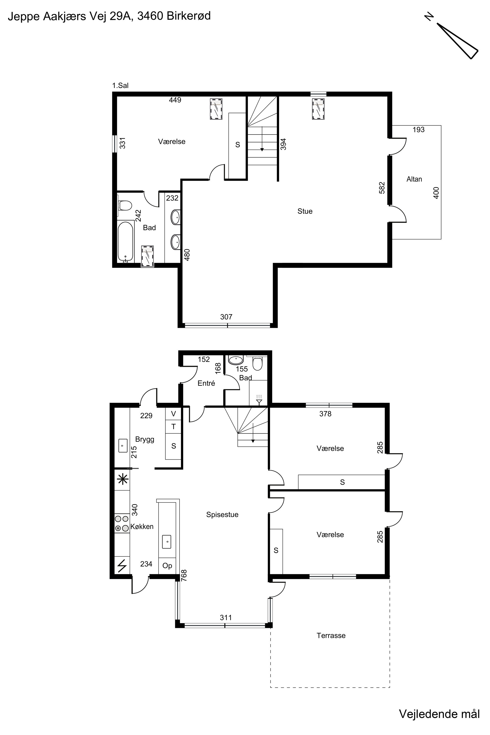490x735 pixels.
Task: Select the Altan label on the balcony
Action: pos(414,179)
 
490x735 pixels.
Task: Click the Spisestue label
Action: pos(222,514)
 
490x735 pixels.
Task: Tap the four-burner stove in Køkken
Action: pos(122,523)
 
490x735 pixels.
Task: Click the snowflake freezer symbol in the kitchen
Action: pos(122,479)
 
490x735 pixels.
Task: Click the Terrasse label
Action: pos(331,635)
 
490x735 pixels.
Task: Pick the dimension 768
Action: pos(184,575)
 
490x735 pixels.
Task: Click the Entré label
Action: pos(206,383)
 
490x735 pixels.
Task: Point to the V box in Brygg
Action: pos(173,414)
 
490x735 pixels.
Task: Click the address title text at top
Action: pos(109,16)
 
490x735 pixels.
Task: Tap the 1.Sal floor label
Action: pos(120,85)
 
